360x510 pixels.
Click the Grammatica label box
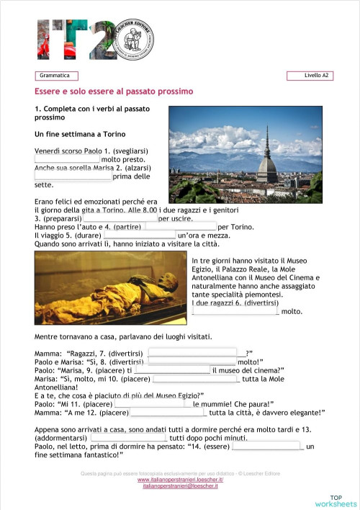(56, 76)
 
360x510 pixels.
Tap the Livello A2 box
(310, 76)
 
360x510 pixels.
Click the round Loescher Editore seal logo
(134, 38)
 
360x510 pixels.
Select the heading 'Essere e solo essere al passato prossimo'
(114, 92)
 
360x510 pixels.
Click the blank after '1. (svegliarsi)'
(67, 159)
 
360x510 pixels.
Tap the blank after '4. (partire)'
(180, 226)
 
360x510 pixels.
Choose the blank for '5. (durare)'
(140, 235)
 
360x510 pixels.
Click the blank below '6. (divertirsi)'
(235, 311)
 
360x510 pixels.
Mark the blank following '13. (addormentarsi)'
(129, 438)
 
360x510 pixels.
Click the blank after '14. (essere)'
(266, 447)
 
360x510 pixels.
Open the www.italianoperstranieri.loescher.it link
(180, 480)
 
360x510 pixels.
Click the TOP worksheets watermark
(343, 501)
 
